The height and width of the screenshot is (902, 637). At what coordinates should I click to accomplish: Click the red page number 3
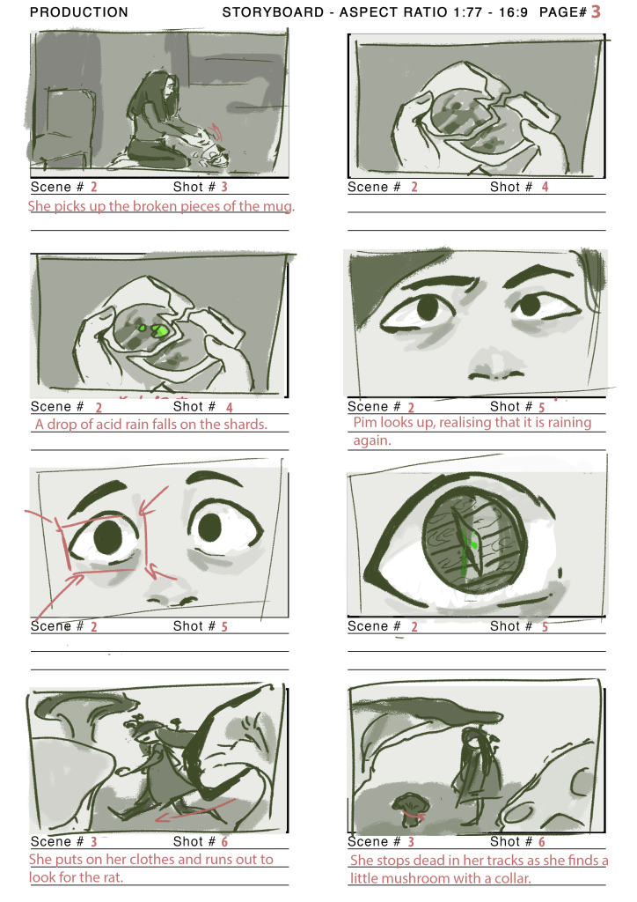(596, 11)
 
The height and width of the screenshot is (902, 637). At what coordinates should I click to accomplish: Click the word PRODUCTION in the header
(79, 12)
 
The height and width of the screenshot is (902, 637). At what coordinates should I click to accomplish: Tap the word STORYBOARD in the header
(273, 12)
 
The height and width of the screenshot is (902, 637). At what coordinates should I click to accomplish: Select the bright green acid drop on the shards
(158, 330)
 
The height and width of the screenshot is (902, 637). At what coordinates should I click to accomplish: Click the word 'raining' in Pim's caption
(568, 423)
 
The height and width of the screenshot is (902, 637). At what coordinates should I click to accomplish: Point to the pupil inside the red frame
(107, 536)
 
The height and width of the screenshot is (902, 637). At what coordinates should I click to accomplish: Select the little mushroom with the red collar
(408, 810)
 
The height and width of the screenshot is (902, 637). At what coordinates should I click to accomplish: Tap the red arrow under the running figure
(195, 809)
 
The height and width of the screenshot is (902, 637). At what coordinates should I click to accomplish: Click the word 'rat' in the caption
(113, 877)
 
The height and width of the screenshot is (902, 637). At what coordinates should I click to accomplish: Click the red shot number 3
(224, 187)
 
